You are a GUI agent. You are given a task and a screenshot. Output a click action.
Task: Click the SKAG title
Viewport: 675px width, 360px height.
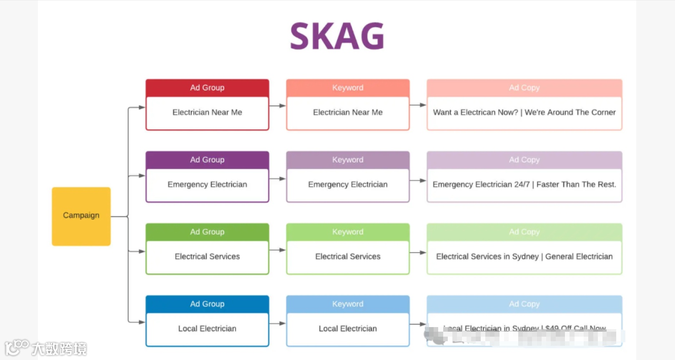pyautogui.click(x=337, y=36)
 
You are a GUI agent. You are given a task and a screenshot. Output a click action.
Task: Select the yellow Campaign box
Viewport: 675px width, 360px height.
pyautogui.click(x=81, y=216)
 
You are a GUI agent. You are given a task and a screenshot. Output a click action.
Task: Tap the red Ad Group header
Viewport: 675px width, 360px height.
pyautogui.click(x=207, y=88)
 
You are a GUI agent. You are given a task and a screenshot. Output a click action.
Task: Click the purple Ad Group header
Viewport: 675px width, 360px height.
pyautogui.click(x=207, y=160)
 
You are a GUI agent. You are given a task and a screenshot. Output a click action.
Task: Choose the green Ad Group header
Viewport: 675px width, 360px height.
pyautogui.click(x=207, y=232)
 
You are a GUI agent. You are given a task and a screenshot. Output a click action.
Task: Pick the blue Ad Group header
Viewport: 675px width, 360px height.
pyautogui.click(x=207, y=304)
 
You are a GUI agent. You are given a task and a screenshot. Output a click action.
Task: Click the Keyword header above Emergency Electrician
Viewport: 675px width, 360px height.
pyautogui.click(x=348, y=160)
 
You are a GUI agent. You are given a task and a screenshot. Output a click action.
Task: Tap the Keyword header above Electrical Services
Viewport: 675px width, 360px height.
pyautogui.click(x=348, y=232)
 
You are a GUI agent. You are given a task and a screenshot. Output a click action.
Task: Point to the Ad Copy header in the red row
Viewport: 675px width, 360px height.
pyautogui.click(x=524, y=88)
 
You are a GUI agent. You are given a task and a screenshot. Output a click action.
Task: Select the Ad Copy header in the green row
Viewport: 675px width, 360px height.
pyautogui.click(x=524, y=232)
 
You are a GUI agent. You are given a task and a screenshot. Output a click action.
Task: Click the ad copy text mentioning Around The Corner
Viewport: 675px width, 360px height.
pyautogui.click(x=524, y=112)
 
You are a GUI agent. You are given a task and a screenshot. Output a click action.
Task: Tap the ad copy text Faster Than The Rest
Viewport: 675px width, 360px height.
pyautogui.click(x=524, y=185)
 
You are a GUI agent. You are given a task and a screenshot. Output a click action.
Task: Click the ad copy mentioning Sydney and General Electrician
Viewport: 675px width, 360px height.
pyautogui.click(x=524, y=257)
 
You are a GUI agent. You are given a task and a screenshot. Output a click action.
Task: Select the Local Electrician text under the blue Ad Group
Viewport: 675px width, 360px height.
pyautogui.click(x=207, y=329)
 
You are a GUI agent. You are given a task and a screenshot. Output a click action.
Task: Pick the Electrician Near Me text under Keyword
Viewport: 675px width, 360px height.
pyautogui.click(x=348, y=112)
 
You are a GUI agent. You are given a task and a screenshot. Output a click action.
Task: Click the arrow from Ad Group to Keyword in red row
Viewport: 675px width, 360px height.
pyautogui.click(x=278, y=106)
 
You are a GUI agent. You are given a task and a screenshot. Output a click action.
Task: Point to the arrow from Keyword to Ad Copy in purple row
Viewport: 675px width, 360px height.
pyautogui.click(x=418, y=180)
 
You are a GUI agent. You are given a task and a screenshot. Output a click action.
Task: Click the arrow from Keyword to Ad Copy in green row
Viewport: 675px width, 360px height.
pyautogui.click(x=418, y=252)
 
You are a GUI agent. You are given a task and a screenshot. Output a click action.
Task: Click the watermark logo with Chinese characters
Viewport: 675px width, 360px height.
pyautogui.click(x=46, y=348)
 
